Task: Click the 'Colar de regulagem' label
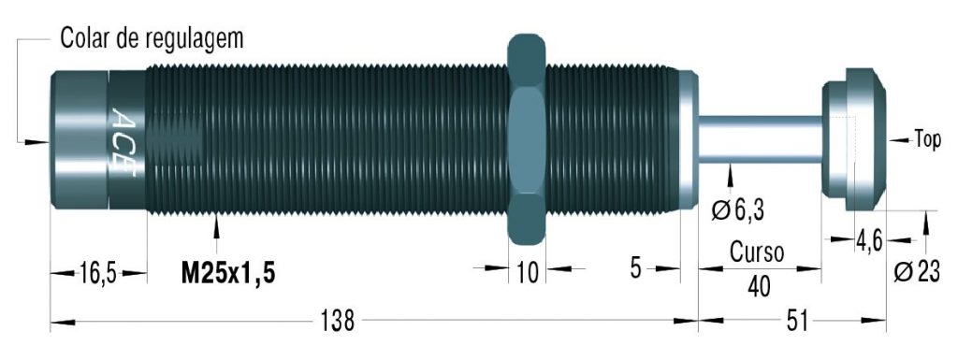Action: [x=152, y=37]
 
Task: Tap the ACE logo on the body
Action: [x=124, y=141]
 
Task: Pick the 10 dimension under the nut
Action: [x=528, y=272]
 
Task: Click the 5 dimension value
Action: [x=636, y=268]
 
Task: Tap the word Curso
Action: [x=758, y=252]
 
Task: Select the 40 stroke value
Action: [x=759, y=286]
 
